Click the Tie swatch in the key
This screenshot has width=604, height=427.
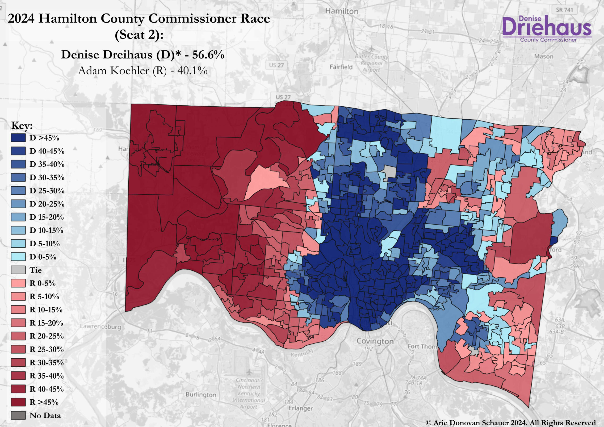click(18, 270)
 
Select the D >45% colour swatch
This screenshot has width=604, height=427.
click(18, 138)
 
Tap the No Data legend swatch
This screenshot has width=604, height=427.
click(18, 415)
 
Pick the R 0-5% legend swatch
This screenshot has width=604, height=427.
click(18, 283)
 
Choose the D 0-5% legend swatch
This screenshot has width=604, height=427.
click(18, 257)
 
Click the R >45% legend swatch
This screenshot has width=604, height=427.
click(18, 402)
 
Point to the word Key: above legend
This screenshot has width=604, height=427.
click(22, 126)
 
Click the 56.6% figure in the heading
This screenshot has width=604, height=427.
click(208, 55)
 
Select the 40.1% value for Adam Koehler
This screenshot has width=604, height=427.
click(192, 71)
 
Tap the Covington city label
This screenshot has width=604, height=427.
click(375, 341)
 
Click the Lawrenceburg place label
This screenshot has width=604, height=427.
click(101, 327)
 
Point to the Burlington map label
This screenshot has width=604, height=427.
click(201, 395)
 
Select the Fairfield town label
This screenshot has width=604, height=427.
click(341, 67)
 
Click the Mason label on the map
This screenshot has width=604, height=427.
click(544, 56)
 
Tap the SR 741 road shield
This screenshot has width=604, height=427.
click(564, 10)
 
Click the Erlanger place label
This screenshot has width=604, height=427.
click(301, 408)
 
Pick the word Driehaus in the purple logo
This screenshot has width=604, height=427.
click(547, 28)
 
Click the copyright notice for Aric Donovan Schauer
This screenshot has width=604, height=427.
click(510, 423)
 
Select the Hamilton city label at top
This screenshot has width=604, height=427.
click(342, 11)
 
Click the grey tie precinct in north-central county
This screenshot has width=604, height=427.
click(390, 172)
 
